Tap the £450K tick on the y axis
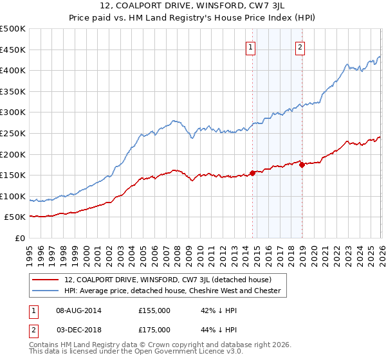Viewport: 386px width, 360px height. [x=13, y=50]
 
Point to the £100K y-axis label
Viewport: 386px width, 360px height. [x=13, y=196]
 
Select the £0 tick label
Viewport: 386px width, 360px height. [x=21, y=238]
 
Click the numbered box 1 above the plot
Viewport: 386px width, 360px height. [x=250, y=46]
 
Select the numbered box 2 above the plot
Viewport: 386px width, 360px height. [x=300, y=46]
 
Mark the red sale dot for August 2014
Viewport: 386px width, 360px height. [x=252, y=173]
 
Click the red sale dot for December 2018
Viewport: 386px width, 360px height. [x=302, y=165]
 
